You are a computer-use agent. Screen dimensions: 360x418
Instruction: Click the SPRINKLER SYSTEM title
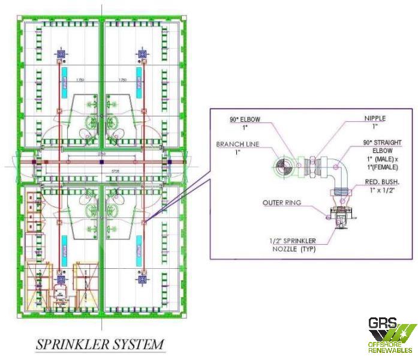coord(100,344)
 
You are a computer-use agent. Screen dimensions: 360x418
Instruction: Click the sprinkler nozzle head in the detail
coord(340,218)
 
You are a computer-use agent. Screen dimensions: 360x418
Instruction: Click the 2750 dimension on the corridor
coord(103,155)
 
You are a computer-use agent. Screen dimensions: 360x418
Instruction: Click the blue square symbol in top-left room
coord(60,54)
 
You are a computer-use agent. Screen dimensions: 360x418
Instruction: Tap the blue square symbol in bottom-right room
coord(143,280)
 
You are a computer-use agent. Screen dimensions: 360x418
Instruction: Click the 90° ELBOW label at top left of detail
coord(245,123)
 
